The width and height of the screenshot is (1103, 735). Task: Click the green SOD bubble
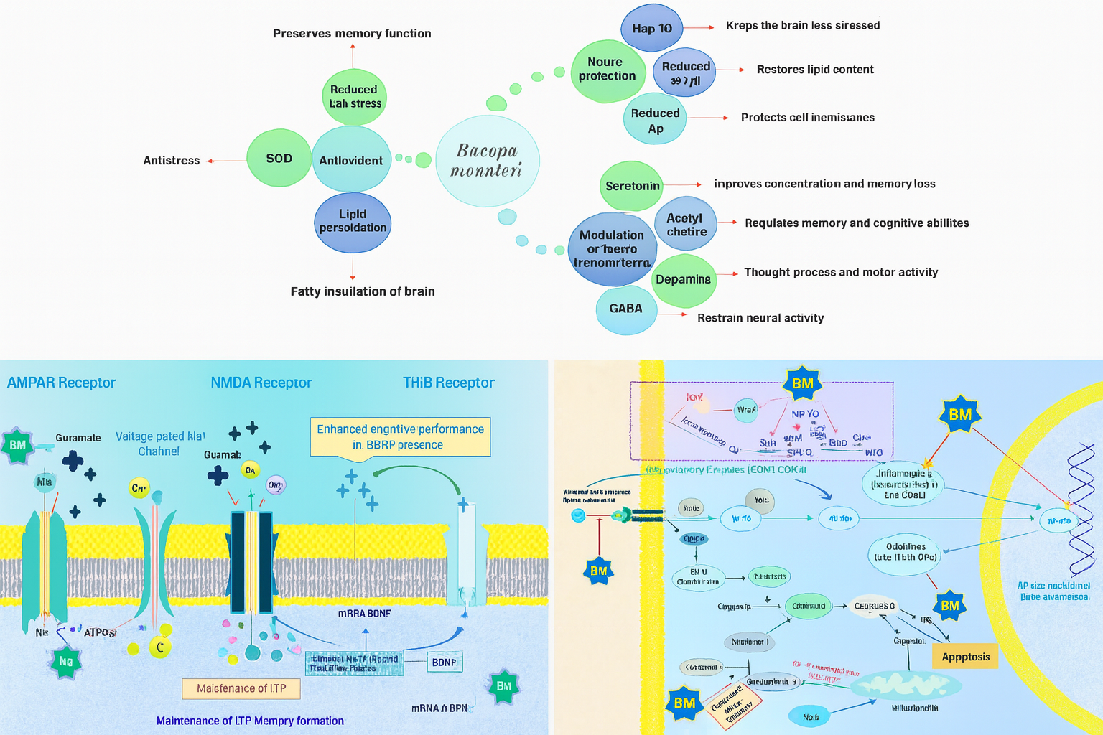pyautogui.click(x=279, y=159)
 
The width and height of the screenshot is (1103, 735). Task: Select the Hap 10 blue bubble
pyautogui.click(x=651, y=29)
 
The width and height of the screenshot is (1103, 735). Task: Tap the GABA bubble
pyautogui.click(x=626, y=309)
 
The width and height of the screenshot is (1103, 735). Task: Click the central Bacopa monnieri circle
pyautogui.click(x=488, y=161)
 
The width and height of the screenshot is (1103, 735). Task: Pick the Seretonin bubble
pyautogui.click(x=632, y=186)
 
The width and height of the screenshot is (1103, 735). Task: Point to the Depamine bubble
pyautogui.click(x=684, y=279)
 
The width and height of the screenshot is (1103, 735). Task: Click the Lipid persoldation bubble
pyautogui.click(x=353, y=222)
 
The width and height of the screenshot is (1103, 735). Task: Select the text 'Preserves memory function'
pyautogui.click(x=352, y=34)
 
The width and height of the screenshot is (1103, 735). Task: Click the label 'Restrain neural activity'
pyautogui.click(x=760, y=318)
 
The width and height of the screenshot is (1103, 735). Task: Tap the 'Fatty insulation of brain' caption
pyautogui.click(x=363, y=291)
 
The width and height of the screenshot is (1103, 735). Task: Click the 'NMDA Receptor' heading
pyautogui.click(x=261, y=383)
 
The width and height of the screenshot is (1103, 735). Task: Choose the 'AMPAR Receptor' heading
pyautogui.click(x=62, y=383)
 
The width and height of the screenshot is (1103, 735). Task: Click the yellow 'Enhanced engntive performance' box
pyautogui.click(x=401, y=437)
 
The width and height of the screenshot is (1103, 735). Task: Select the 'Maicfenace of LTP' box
pyautogui.click(x=241, y=689)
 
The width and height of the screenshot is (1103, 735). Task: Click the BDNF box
pyautogui.click(x=444, y=663)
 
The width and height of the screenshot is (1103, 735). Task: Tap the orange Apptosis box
pyautogui.click(x=965, y=657)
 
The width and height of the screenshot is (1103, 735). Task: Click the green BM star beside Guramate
pyautogui.click(x=18, y=446)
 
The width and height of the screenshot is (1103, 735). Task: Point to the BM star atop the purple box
pyautogui.click(x=802, y=384)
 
